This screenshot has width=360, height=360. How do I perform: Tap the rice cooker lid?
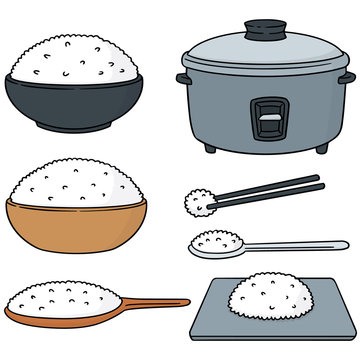point(262,50)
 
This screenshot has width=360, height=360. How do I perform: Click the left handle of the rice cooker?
point(182,77)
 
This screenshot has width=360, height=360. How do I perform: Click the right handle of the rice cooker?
point(345,77)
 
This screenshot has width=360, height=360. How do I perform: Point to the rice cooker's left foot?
point(210,147)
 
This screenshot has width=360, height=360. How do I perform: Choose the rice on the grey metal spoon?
point(209,241)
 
